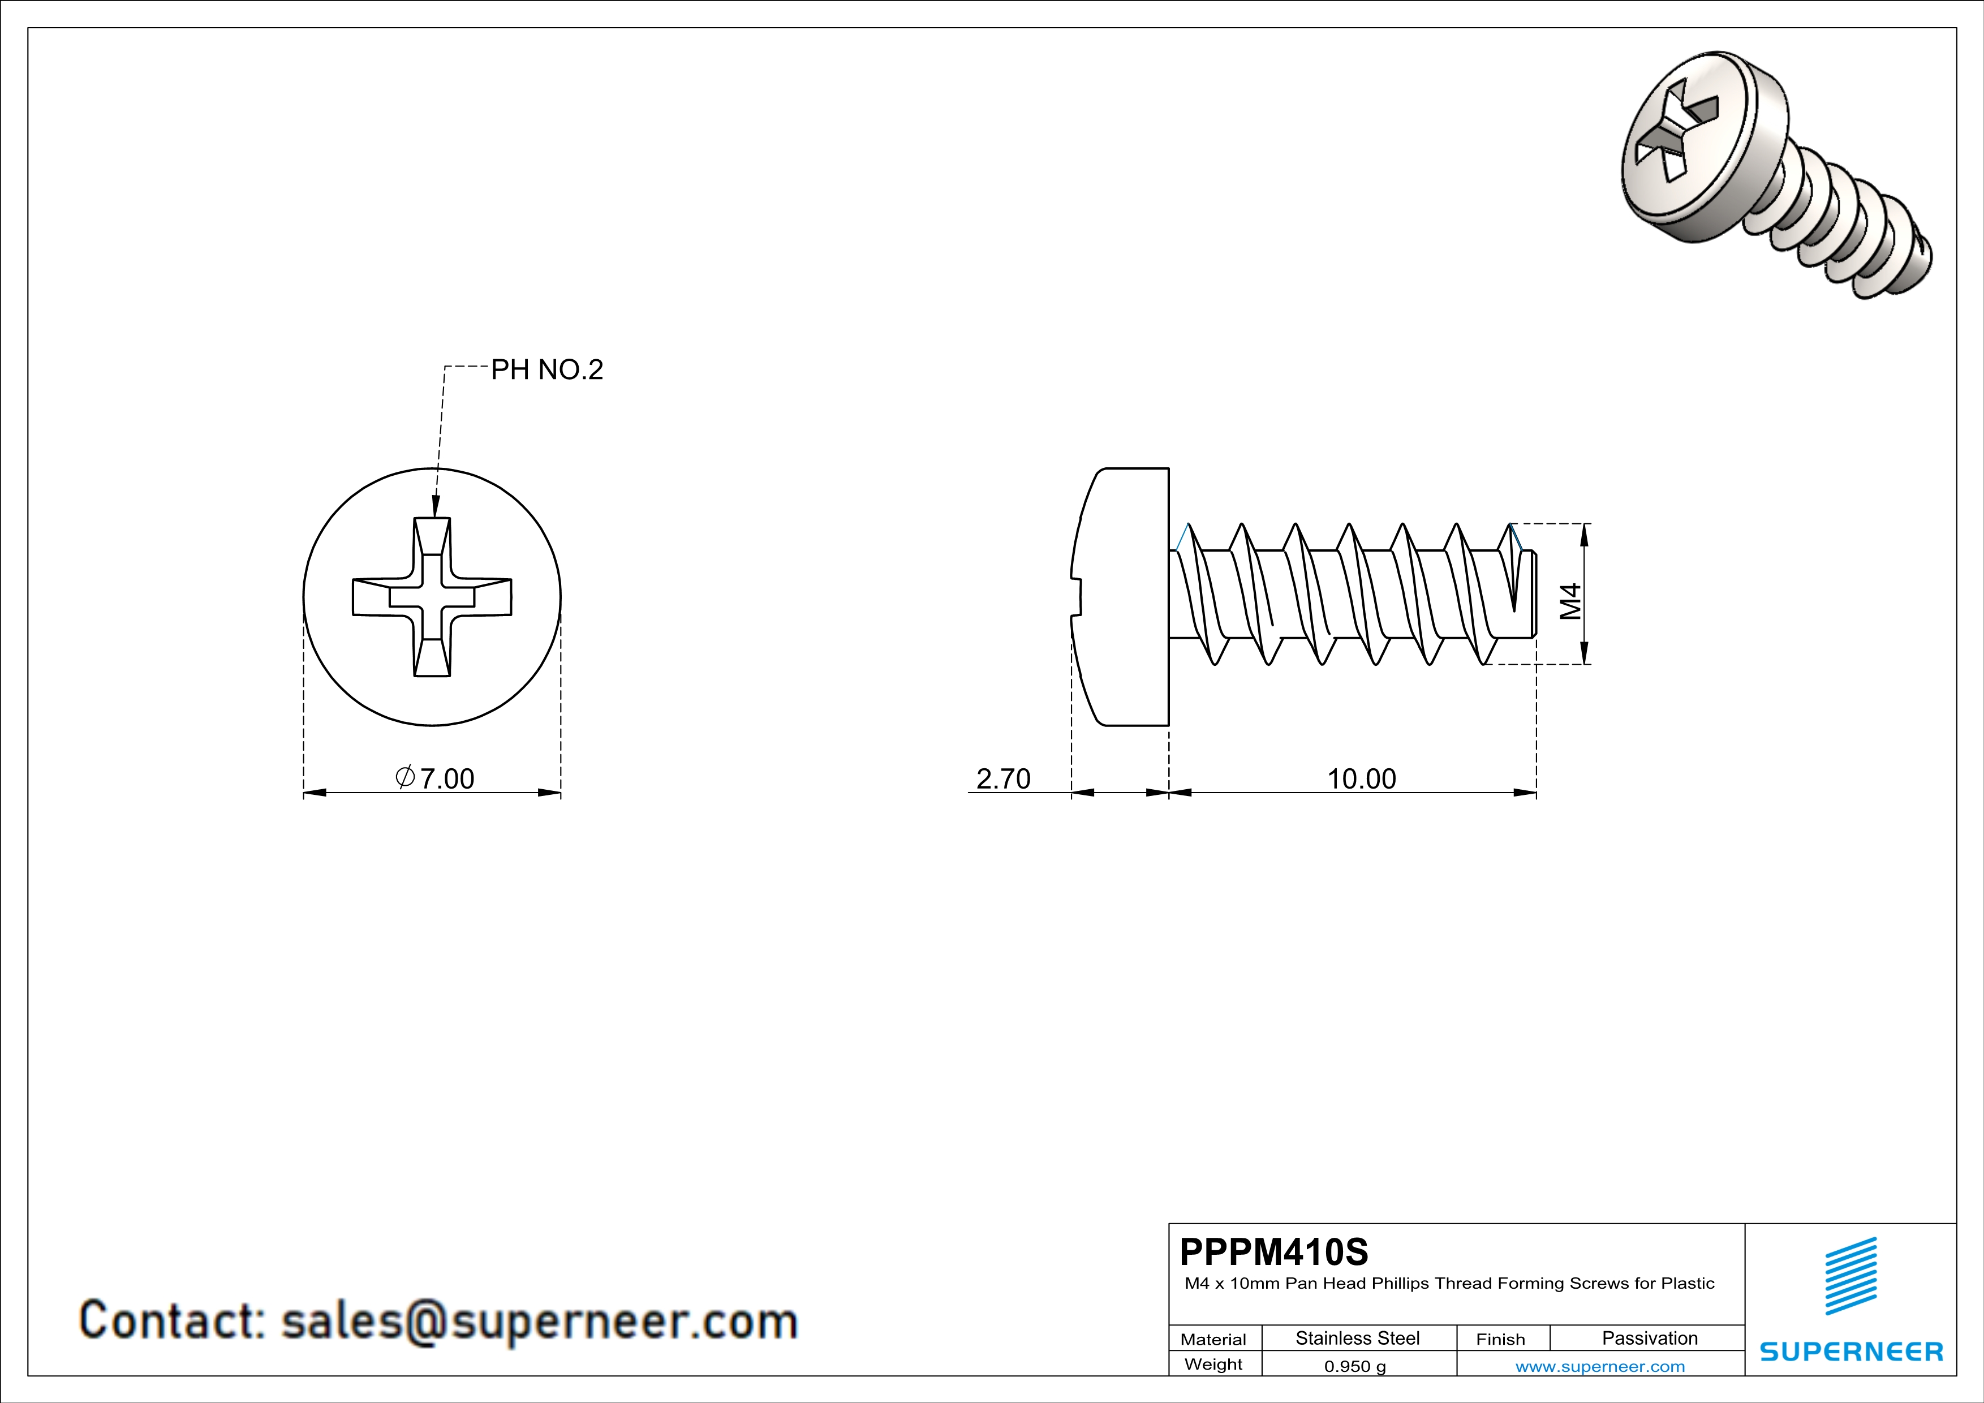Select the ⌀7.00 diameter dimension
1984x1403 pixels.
point(436,778)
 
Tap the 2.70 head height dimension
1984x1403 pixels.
point(1003,778)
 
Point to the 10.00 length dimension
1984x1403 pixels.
point(1361,778)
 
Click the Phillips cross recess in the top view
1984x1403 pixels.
point(432,596)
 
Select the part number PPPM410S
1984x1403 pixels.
point(1273,1252)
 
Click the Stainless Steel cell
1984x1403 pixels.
point(1358,1338)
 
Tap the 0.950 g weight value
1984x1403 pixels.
point(1355,1366)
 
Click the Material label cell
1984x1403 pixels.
point(1213,1339)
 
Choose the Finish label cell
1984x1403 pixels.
point(1500,1339)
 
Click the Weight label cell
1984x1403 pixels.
point(1213,1364)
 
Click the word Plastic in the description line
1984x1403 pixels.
point(1687,1283)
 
